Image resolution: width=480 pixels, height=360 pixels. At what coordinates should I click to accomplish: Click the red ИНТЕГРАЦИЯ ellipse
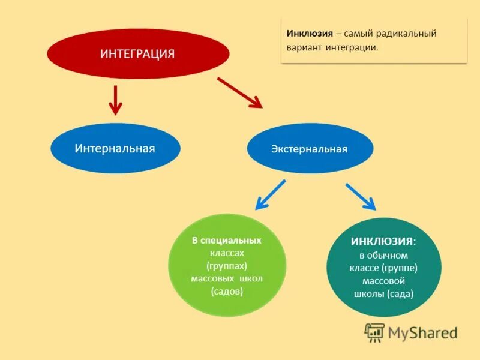point(137,54)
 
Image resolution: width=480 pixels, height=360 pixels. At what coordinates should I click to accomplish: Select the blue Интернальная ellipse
point(115,148)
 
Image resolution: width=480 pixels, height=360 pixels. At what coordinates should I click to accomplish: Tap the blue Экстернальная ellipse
point(310,148)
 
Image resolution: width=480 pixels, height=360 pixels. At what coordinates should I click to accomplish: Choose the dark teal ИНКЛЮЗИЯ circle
point(383,268)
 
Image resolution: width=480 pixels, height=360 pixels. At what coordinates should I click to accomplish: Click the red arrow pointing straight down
point(115,100)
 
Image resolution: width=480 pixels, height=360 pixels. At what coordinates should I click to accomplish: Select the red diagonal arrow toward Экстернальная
point(239,92)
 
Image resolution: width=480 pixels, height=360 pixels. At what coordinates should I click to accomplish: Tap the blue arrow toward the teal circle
point(361,196)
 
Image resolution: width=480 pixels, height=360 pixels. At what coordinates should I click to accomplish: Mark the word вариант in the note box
point(305,47)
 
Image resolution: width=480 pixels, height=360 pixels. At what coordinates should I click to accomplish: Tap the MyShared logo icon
point(374,332)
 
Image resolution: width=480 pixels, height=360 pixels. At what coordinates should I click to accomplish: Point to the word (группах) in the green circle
point(227,266)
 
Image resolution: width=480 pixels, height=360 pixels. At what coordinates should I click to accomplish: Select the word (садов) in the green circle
point(227,292)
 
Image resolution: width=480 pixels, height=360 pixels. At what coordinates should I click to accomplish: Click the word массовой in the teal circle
point(384,281)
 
